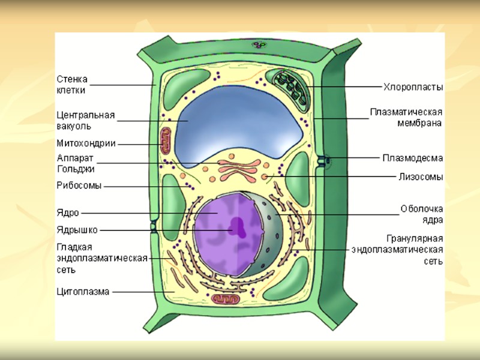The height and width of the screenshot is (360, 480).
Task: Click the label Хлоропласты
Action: pyautogui.click(x=413, y=87)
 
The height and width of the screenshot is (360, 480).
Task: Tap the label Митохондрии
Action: pyautogui.click(x=86, y=143)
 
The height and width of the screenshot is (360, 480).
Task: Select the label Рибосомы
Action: pyautogui.click(x=79, y=185)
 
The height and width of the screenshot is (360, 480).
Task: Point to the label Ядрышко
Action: pyautogui.click(x=77, y=229)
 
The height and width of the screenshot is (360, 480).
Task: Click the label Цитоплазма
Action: pyautogui.click(x=83, y=292)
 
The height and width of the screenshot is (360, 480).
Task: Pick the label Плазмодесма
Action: pyautogui.click(x=413, y=158)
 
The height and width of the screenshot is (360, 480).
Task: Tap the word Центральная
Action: pyautogui.click(x=86, y=115)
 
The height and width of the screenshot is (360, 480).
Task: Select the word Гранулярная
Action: pyautogui.click(x=415, y=238)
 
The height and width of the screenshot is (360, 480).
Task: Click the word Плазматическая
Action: pyautogui.click(x=406, y=112)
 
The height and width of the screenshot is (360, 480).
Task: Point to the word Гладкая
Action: pyautogui.click(x=74, y=247)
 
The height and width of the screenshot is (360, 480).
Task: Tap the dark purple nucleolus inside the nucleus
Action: pyautogui.click(x=238, y=226)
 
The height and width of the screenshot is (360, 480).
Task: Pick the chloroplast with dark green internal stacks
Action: pyautogui.click(x=289, y=86)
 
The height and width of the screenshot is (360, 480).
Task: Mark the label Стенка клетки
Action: pyautogui.click(x=72, y=85)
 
